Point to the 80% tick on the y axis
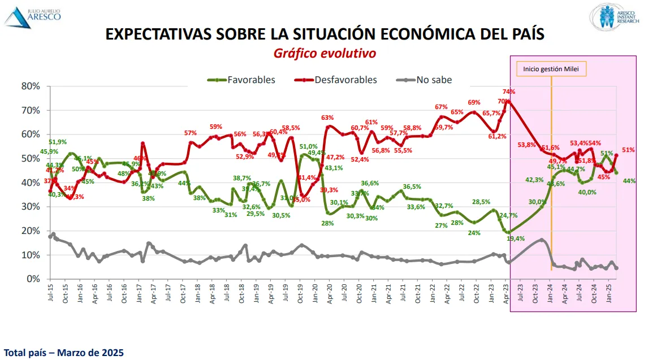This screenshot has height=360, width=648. [31, 86]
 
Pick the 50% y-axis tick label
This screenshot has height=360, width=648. [31, 159]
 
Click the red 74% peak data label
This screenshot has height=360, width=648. [508, 92]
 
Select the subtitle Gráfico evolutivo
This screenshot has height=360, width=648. [325, 53]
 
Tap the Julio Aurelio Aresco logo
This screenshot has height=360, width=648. [34, 15]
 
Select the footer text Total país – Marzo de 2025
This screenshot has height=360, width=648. [63, 353]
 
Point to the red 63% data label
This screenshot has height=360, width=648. [327, 118]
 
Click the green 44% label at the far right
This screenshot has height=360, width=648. [629, 181]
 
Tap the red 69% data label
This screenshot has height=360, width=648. [474, 102]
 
